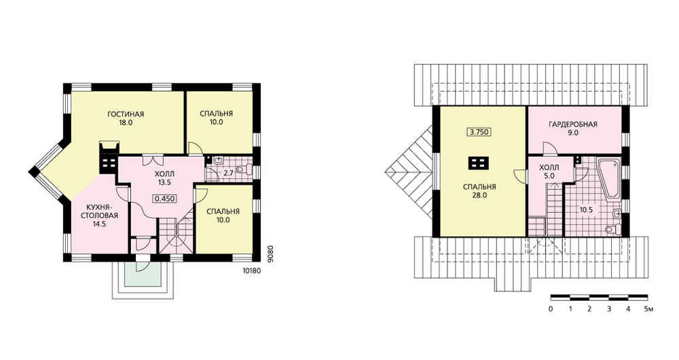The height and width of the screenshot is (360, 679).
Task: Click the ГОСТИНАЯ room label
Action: (126, 114)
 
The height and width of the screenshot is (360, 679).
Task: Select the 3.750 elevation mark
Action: (479, 132)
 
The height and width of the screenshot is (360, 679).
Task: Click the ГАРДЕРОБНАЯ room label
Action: (573, 125)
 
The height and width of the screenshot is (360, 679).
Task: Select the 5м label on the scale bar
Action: (648, 309)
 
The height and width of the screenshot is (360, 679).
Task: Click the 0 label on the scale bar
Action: (551, 309)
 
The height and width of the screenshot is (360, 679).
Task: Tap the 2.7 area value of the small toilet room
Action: (228, 173)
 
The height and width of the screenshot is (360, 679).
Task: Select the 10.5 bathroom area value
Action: (587, 210)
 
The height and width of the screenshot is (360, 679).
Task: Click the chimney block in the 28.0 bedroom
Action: (479, 163)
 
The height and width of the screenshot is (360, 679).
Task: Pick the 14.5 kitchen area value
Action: (99, 224)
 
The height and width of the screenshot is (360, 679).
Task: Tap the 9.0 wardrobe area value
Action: (573, 133)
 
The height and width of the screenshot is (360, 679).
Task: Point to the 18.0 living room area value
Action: (126, 122)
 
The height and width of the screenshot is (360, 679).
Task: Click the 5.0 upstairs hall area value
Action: (549, 175)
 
